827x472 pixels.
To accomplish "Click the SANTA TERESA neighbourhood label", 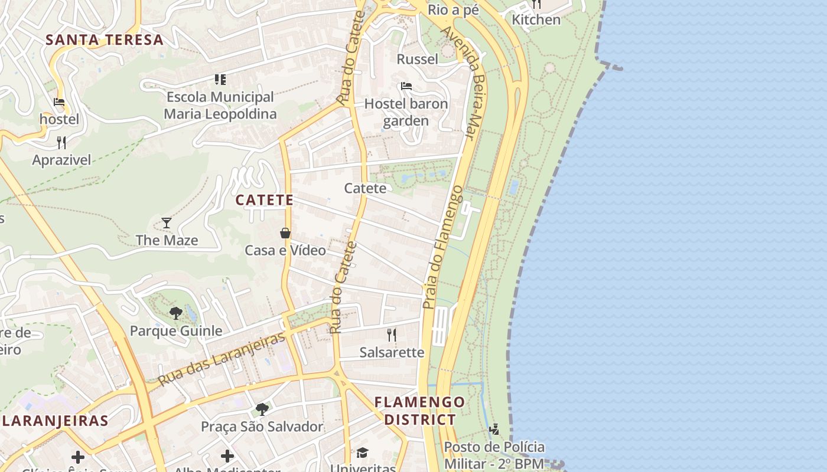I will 105,40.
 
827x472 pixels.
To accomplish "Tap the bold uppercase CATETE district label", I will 265,200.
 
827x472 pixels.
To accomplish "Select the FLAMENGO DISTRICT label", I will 420,411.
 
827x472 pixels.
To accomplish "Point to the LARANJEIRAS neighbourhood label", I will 55,421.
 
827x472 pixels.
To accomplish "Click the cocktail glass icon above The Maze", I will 167,223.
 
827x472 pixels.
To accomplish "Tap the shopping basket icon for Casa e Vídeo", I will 285,233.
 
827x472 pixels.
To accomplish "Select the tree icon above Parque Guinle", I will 175,313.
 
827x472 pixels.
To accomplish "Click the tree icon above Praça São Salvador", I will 262,409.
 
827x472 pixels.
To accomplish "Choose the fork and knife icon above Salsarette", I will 392,335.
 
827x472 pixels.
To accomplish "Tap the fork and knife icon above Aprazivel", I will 61,143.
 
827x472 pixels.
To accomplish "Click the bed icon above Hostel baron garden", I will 406,86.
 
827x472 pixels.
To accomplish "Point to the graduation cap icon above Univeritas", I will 362,453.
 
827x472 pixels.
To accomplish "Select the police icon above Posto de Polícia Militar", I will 494,429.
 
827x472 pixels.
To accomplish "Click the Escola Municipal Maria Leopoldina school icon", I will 220,80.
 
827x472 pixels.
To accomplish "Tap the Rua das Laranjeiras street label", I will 222,359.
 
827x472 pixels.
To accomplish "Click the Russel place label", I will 417,59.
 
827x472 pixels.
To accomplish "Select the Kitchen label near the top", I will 536,19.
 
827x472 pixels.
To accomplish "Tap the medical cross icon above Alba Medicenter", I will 227,456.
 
